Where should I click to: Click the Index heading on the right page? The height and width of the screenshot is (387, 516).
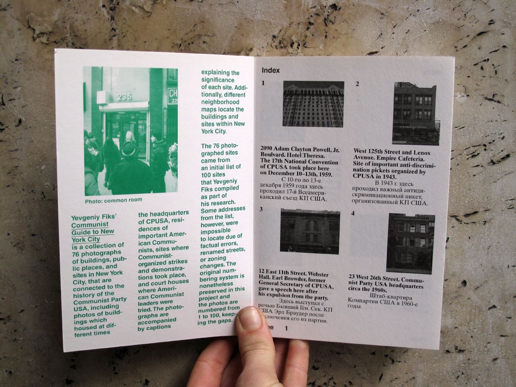click(270, 70)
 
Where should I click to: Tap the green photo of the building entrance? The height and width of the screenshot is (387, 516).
click(130, 130)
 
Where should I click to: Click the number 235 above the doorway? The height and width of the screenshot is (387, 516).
click(125, 97)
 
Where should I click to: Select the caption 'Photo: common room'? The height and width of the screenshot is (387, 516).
click(113, 200)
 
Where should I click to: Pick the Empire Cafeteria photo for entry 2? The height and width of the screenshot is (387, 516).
click(415, 114)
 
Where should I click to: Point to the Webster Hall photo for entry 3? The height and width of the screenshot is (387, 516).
click(309, 231)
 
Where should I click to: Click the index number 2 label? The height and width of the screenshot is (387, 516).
click(357, 84)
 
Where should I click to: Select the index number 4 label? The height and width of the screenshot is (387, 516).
click(353, 213)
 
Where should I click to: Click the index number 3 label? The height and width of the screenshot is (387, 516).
click(261, 209)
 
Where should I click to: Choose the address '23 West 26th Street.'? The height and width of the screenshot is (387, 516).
click(380, 276)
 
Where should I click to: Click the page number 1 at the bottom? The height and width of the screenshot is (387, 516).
click(286, 328)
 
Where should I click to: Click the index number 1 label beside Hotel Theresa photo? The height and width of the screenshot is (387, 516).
click(263, 84)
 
